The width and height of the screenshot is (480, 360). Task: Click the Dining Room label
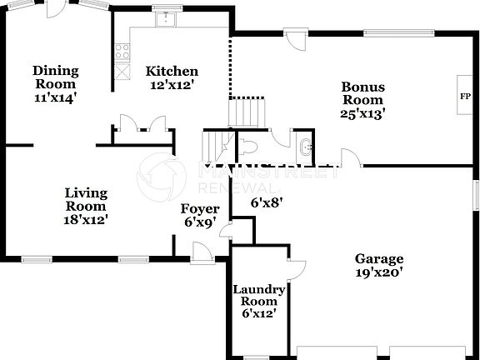click(x=55, y=77)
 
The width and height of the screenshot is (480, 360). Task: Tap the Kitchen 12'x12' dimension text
click(x=172, y=84)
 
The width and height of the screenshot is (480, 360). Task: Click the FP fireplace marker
click(x=464, y=96)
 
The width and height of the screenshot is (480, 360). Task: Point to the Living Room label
click(x=87, y=199)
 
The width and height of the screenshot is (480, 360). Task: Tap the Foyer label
click(x=201, y=208)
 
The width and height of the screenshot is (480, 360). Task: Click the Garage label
click(x=379, y=258)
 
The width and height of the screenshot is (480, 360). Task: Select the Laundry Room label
click(x=258, y=295)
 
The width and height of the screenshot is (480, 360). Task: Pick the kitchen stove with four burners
click(x=122, y=49)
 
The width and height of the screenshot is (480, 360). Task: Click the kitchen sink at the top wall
click(x=168, y=17)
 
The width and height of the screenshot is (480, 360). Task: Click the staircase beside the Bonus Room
click(x=246, y=112)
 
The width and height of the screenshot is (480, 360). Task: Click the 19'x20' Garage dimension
click(x=379, y=272)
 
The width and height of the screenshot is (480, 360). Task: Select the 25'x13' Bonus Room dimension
click(x=362, y=114)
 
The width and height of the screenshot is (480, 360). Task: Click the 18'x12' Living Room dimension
click(x=87, y=220)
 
